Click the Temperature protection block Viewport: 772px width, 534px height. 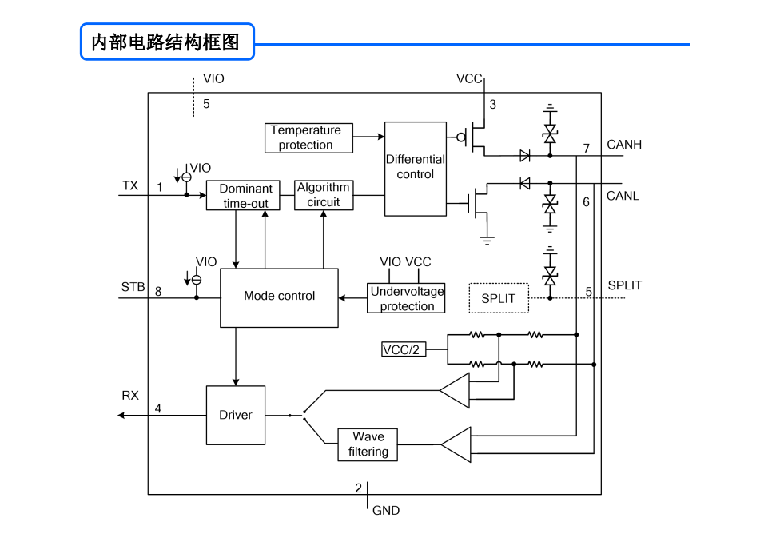click(308, 138)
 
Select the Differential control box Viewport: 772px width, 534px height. click(416, 169)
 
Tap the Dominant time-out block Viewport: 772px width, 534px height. click(243, 196)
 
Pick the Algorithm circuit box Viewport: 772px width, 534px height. click(324, 195)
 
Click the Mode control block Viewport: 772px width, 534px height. click(279, 297)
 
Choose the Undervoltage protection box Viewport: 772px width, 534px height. click(406, 298)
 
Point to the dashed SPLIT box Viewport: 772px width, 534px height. click(499, 298)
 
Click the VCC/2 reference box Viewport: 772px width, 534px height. click(404, 349)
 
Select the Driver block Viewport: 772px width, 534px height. click(235, 415)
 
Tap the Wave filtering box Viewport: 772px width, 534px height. click(368, 444)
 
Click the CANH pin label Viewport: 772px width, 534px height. click(624, 145)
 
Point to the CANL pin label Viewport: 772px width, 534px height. click(623, 196)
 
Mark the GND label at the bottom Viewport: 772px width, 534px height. click(386, 510)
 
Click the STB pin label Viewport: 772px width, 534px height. click(133, 287)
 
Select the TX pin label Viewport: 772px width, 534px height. click(130, 185)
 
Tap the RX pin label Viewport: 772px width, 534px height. click(130, 395)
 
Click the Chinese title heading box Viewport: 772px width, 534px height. click(167, 42)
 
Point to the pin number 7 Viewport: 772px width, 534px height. click(587, 148)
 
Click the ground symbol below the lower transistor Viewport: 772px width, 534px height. click(487, 241)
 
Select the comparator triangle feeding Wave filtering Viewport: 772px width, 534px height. click(456, 444)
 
